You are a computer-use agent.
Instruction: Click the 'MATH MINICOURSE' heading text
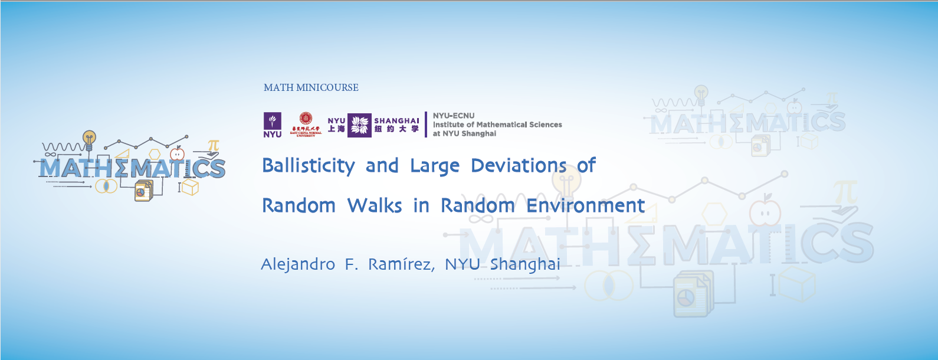(x=311, y=87)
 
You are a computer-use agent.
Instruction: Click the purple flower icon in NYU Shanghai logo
(x=359, y=125)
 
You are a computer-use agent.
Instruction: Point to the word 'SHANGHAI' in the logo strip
(x=396, y=120)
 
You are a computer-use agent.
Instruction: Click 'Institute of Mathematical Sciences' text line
(x=497, y=125)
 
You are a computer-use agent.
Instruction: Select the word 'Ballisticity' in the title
(x=308, y=166)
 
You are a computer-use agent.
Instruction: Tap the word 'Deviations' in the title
(x=519, y=166)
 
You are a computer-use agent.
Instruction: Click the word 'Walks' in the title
(x=374, y=205)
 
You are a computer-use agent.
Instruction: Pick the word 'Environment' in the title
(x=585, y=205)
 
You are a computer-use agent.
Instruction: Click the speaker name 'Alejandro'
(x=298, y=264)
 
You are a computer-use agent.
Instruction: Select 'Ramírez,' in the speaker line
(x=401, y=264)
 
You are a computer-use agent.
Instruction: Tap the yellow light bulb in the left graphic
(x=89, y=139)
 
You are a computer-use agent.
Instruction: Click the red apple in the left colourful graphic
(x=178, y=155)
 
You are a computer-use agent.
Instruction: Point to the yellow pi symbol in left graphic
(x=214, y=145)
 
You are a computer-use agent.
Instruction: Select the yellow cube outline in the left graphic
(x=190, y=188)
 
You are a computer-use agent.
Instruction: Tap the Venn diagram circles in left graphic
(x=106, y=186)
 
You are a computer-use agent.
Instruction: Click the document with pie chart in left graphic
(x=142, y=191)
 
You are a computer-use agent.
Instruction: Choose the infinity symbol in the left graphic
(x=50, y=155)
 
